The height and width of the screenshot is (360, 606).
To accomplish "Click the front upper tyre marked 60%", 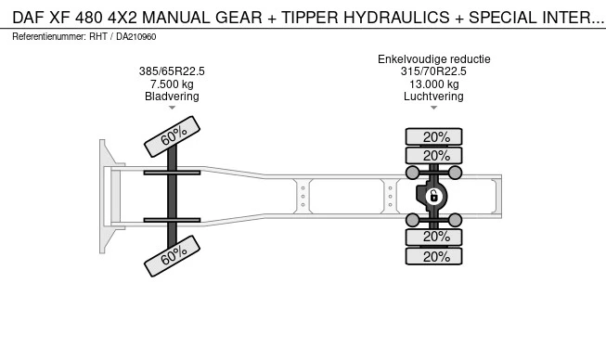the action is point(172,136).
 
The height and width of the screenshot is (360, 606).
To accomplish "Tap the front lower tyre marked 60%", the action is point(172,256).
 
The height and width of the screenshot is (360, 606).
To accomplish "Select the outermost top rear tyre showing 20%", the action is point(433,136).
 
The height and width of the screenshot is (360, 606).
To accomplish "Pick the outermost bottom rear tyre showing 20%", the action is point(433,256).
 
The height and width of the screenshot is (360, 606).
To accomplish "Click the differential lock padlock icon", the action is point(433,196).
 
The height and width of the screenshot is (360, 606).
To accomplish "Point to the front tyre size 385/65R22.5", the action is point(172,71).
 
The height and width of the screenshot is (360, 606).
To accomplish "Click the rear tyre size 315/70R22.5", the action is point(433,71).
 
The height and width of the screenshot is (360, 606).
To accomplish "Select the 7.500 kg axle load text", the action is point(172,84).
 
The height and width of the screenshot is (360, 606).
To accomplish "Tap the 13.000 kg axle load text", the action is point(434,84).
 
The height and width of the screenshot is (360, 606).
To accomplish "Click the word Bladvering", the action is point(172,96).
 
